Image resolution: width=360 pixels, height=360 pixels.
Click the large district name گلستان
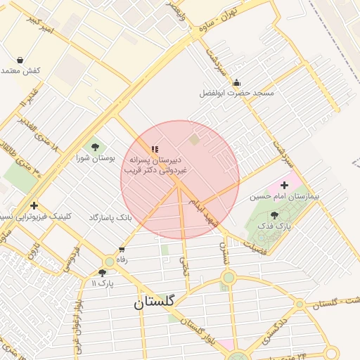click(158, 302)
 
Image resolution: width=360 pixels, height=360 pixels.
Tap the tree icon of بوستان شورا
click(95, 147)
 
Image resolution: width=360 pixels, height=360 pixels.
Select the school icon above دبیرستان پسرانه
click(155, 149)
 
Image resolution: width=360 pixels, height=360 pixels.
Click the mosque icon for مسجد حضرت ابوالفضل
click(236, 82)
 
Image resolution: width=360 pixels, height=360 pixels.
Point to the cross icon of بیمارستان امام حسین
click(284, 185)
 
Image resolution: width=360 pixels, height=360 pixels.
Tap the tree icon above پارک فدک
click(274, 215)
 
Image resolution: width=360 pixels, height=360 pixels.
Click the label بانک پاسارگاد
click(110, 218)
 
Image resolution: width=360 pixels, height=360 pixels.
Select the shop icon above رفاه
click(122, 249)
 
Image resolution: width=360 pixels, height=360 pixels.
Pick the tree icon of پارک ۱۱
click(103, 272)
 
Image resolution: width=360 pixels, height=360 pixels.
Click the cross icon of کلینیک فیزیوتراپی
click(34, 205)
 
